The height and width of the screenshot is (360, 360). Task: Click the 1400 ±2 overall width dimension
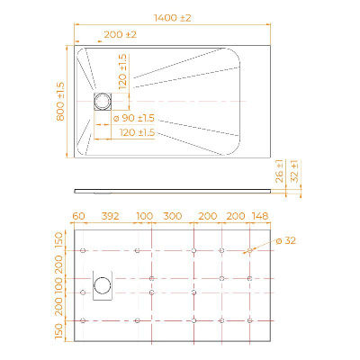pos(173,18)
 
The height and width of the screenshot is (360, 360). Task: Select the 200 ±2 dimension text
pos(121,35)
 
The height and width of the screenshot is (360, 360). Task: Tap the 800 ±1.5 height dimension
pos(60,102)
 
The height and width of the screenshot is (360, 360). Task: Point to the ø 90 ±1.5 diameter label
pos(134,118)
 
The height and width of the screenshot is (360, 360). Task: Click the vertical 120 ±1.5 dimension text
pos(122,72)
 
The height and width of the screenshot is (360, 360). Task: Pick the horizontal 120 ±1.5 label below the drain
pos(137,132)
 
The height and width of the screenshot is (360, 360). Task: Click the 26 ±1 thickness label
pos(279,171)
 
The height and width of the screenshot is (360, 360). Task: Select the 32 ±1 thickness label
pos(295,171)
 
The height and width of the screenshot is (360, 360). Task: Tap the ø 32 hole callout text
pos(285,240)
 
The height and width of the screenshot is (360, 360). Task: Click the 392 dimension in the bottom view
pos(110,216)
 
